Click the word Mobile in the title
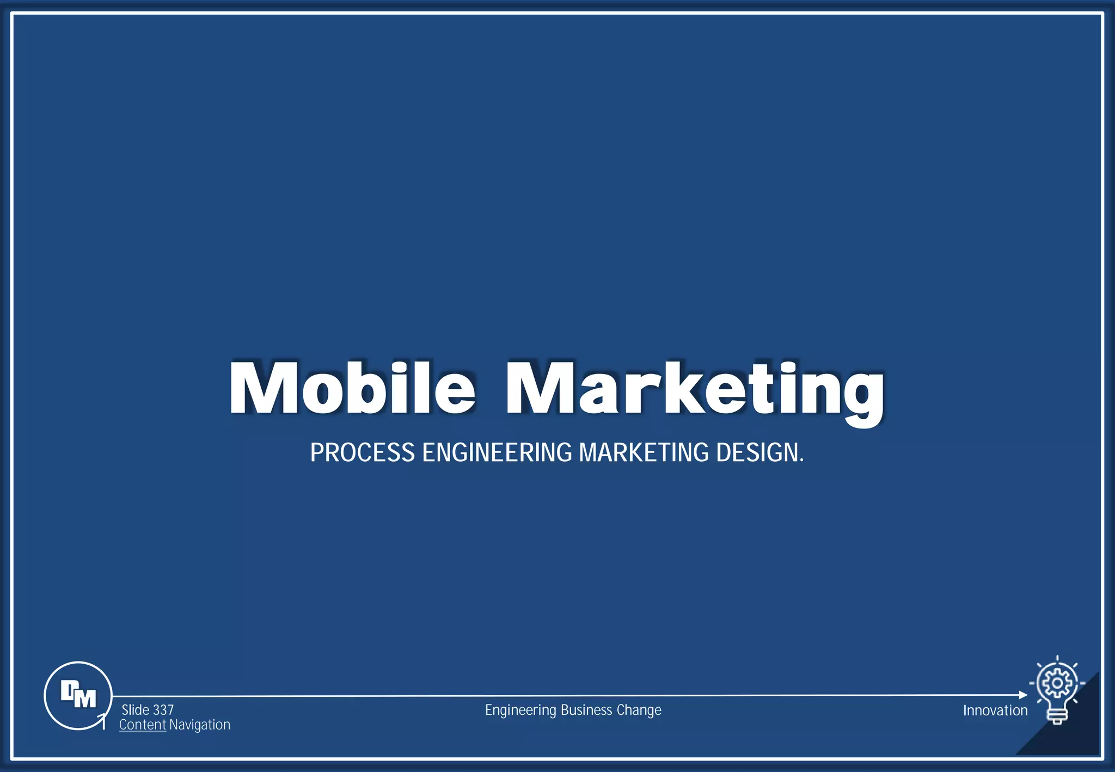pyautogui.click(x=352, y=388)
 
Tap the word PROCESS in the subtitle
pyautogui.click(x=362, y=453)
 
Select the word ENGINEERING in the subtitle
pyautogui.click(x=497, y=453)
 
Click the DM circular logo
pyautogui.click(x=78, y=695)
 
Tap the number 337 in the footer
pyautogui.click(x=163, y=710)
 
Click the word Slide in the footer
pyautogui.click(x=136, y=710)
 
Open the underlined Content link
pyautogui.click(x=143, y=725)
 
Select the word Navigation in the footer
pyautogui.click(x=200, y=725)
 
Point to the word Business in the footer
pyautogui.click(x=586, y=710)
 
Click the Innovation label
pyautogui.click(x=995, y=710)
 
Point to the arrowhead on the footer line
pyautogui.click(x=1023, y=695)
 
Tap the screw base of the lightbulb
pyautogui.click(x=1057, y=717)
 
